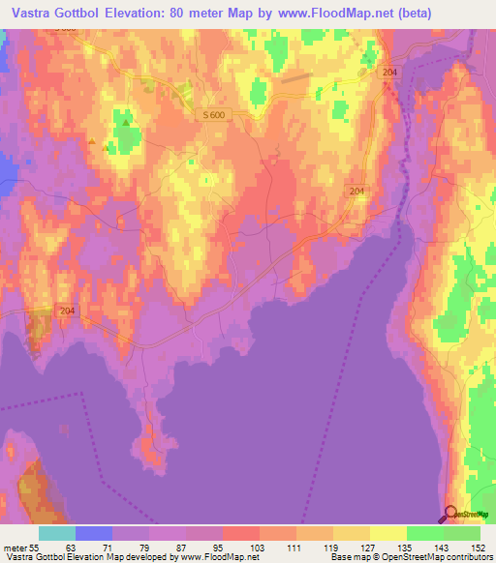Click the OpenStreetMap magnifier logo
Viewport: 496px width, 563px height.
pyautogui.click(x=450, y=514)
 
